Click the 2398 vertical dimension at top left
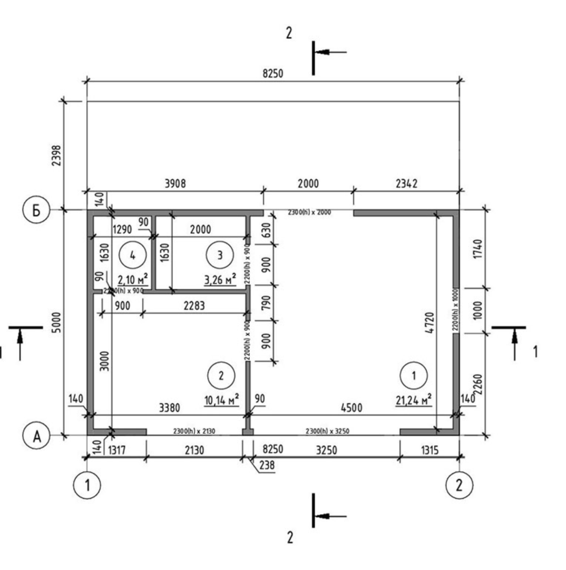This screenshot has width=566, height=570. [57, 156]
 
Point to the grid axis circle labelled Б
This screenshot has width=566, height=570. [33, 210]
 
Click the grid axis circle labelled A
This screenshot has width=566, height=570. [33, 436]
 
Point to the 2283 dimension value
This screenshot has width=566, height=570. [194, 306]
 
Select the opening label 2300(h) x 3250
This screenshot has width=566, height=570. [327, 431]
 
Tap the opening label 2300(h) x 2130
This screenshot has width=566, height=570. [194, 431]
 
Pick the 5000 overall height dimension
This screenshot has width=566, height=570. [57, 323]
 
